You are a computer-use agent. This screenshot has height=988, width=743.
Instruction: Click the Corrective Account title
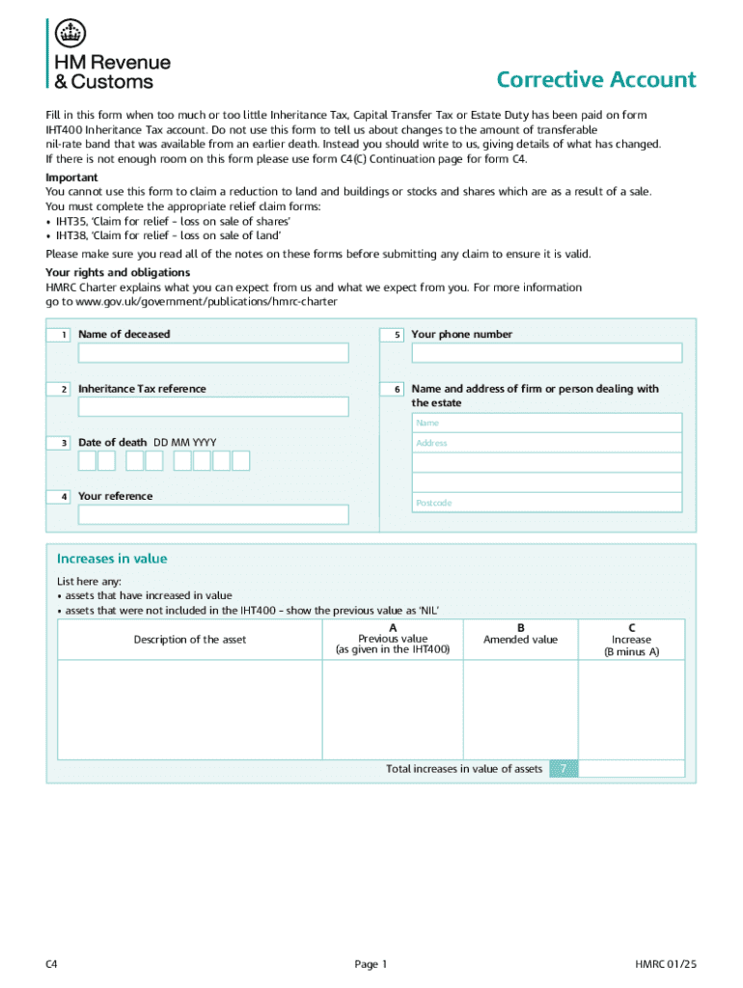pos(595,80)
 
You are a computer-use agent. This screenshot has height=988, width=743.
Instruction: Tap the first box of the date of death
pos(87,461)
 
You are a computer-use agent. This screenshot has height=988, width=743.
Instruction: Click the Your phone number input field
pos(546,353)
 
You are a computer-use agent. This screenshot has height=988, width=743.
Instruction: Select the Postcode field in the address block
pos(546,503)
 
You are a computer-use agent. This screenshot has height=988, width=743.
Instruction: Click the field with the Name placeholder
pos(546,423)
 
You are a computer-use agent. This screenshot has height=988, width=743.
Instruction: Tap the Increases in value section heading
pos(112,559)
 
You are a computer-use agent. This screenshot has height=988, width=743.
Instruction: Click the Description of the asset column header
pos(190,640)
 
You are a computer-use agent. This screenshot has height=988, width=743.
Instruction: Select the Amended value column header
pos(520,640)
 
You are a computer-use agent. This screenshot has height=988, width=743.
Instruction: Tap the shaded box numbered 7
pos(564,769)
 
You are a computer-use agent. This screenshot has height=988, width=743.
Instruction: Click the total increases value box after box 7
pos(631,769)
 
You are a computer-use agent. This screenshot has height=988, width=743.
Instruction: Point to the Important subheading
pos(71,178)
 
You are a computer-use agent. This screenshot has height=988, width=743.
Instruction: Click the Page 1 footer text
pos(371,964)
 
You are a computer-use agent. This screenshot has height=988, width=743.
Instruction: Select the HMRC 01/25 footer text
pos(665,964)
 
